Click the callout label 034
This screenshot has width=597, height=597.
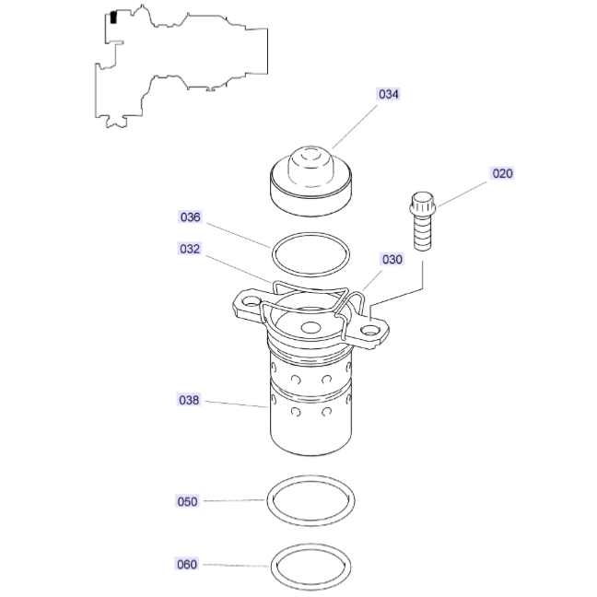pos(388,94)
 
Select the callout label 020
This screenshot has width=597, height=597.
pos(502,173)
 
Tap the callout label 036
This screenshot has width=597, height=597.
pos(190,217)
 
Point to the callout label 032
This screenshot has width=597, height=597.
pos(190,249)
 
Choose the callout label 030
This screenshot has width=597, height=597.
pos(392,260)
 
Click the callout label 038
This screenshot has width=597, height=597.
pos(190,400)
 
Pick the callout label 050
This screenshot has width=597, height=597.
pos(187,501)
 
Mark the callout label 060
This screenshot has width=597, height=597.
pos(187,564)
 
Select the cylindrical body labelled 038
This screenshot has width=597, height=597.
pos(309,405)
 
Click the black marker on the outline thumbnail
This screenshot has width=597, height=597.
pos(112,17)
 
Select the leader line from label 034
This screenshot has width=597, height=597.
pos(355,124)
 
